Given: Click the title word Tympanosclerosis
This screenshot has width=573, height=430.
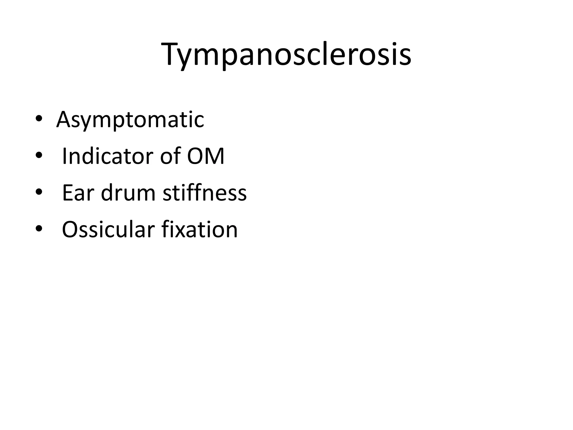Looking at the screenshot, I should pyautogui.click(x=286, y=55).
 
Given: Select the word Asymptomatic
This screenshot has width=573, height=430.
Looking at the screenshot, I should pyautogui.click(x=130, y=120).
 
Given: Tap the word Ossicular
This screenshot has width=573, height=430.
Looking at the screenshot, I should pyautogui.click(x=108, y=229).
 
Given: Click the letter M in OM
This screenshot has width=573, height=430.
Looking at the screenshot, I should pyautogui.click(x=214, y=156).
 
